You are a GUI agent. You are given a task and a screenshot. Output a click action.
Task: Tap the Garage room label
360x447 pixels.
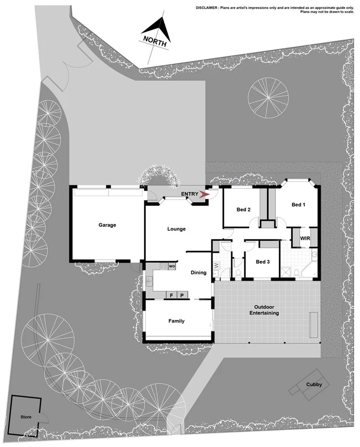[107, 226]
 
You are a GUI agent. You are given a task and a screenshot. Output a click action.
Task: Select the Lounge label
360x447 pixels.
[176, 229]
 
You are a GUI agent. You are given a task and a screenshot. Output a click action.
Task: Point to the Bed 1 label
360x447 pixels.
[298, 205]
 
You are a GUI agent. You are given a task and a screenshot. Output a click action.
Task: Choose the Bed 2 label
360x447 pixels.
[244, 209]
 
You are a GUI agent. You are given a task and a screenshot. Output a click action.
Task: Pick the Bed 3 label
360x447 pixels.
[262, 262]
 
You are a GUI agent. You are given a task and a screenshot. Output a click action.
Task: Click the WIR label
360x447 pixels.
[305, 239]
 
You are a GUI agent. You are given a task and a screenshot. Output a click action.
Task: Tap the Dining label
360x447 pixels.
[199, 273]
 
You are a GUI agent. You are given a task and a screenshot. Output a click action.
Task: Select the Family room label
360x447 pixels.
[177, 321]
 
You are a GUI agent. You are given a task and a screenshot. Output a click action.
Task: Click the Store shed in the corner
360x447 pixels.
[26, 417]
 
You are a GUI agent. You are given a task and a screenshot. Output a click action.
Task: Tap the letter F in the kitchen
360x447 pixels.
[171, 295]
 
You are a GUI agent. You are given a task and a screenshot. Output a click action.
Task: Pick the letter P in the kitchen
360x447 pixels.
[182, 295]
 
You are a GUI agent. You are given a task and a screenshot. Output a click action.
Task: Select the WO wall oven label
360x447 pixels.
[171, 266]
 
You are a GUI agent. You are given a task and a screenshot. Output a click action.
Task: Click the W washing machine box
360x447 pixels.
[216, 266]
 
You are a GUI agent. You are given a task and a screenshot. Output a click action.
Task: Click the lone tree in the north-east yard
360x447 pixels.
[268, 97]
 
